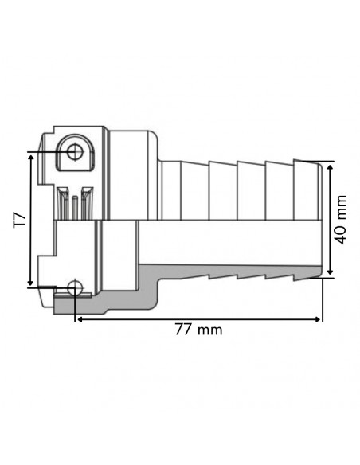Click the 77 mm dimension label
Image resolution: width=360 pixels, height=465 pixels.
(x=199, y=329)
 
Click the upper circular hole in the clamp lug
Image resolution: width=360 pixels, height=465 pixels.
(x=75, y=150)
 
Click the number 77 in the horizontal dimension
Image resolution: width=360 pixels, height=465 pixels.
(x=185, y=329)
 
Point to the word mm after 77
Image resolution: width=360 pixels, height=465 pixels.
(x=211, y=329)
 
